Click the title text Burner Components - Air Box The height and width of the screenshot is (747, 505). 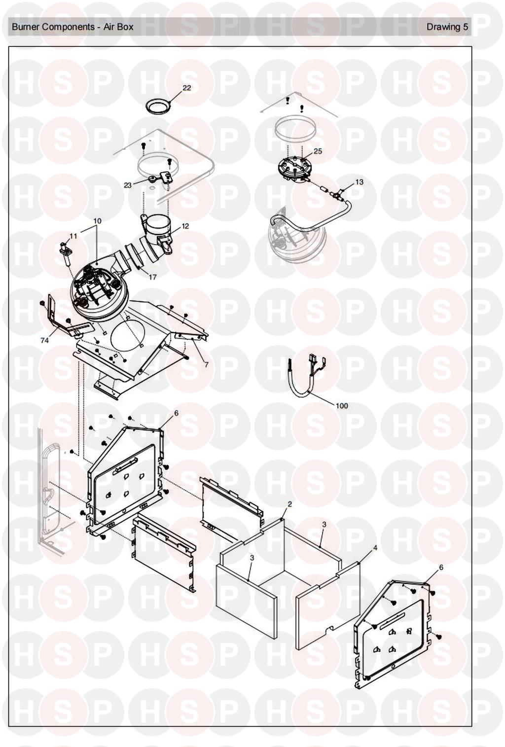point(72,27)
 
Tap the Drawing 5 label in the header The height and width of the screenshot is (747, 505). point(447,27)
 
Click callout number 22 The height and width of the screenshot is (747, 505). point(187,88)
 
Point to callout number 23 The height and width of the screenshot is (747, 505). point(128,185)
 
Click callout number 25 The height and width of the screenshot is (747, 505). point(318,151)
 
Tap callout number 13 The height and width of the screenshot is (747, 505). point(359,182)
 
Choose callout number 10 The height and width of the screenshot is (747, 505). point(97,221)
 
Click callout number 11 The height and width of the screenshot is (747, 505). point(73,236)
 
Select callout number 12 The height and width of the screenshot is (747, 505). point(185,226)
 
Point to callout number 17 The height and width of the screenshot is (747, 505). point(152,277)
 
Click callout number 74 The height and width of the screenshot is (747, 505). point(44,340)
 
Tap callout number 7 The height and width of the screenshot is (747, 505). point(206,364)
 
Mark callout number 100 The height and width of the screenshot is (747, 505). point(342,406)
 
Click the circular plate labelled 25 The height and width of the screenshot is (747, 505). point(293,171)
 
